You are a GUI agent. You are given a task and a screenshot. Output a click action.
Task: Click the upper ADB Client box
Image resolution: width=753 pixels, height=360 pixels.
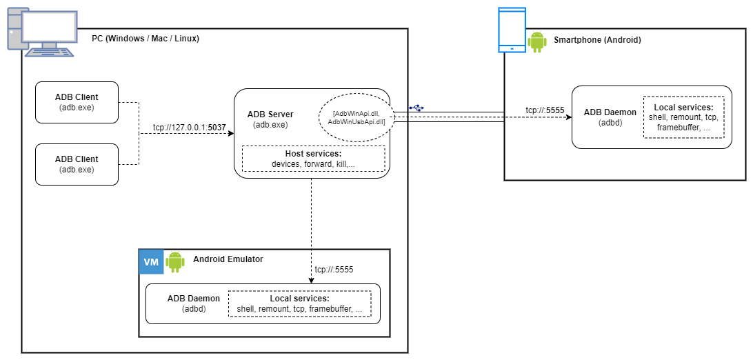77,102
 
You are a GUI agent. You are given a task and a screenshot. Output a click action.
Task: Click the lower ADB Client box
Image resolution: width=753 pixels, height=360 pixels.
77,164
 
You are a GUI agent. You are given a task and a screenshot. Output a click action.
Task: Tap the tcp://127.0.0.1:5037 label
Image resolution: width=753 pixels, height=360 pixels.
189,127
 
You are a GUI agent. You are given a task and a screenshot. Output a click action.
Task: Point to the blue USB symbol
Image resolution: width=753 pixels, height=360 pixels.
416,108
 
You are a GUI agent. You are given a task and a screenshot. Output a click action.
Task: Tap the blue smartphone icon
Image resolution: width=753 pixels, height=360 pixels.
512,30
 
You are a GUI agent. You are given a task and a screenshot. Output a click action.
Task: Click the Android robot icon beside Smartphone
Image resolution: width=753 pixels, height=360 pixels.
537,41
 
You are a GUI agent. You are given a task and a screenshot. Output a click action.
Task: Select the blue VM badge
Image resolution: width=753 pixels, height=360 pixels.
151,262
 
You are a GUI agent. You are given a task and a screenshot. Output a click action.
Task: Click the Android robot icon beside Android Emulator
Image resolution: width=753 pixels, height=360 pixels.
175,261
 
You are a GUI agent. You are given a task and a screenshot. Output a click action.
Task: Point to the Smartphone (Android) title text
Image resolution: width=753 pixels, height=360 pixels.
597,40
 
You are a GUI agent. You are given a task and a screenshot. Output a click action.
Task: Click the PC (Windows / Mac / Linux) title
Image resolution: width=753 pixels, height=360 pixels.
145,39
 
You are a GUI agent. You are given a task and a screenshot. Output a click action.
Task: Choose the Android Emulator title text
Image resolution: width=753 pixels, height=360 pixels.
228,259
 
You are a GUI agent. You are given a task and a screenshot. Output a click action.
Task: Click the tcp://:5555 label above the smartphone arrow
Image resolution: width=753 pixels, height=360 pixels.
545,110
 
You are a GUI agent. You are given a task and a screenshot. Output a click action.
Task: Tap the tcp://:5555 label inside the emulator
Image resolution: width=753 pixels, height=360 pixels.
334,270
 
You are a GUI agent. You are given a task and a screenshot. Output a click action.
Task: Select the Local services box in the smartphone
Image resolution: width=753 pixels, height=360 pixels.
683,117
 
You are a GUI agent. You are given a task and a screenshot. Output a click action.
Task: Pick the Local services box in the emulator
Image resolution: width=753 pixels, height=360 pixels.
299,303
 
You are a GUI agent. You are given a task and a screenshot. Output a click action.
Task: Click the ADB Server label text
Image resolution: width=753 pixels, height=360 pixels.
270,114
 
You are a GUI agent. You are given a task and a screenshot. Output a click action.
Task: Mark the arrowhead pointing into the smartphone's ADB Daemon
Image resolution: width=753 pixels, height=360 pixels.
568,117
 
